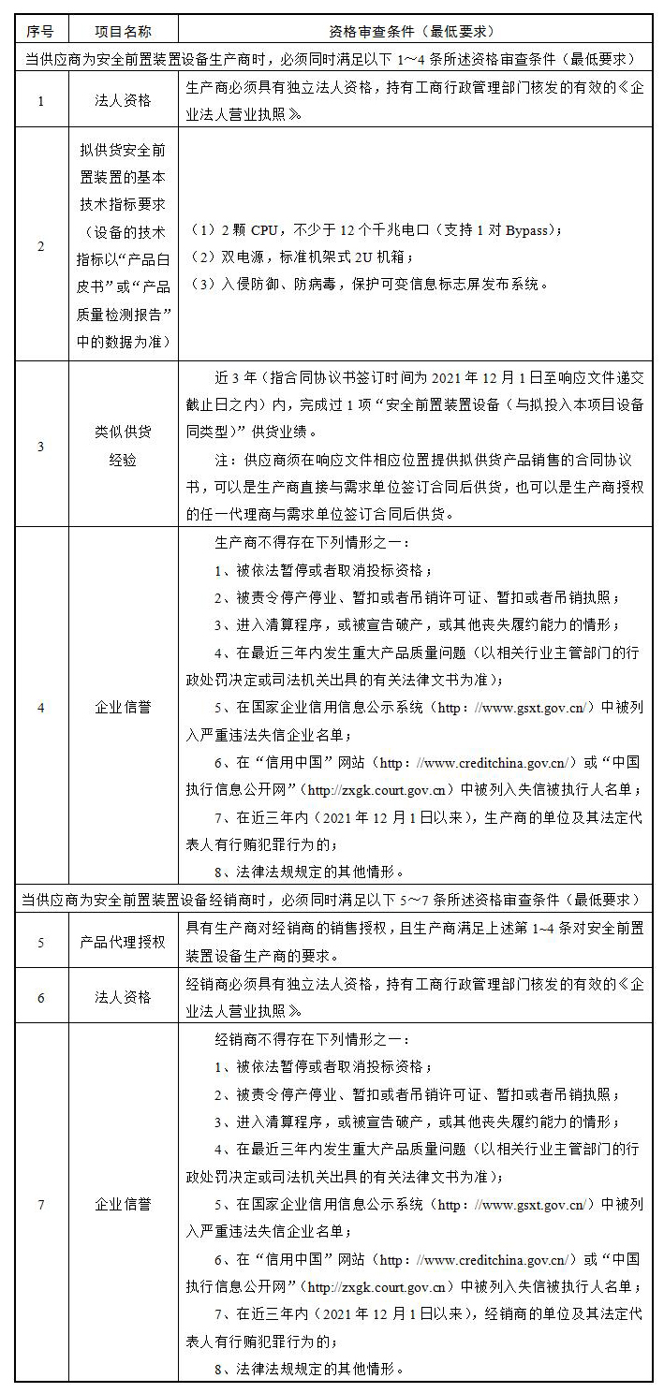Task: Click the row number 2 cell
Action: (x=40, y=246)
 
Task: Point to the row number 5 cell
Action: (x=40, y=941)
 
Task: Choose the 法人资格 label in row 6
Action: (x=123, y=997)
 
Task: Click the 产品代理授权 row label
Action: (x=123, y=941)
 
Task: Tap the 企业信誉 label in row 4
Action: (x=123, y=707)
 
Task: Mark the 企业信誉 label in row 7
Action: (x=123, y=1204)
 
